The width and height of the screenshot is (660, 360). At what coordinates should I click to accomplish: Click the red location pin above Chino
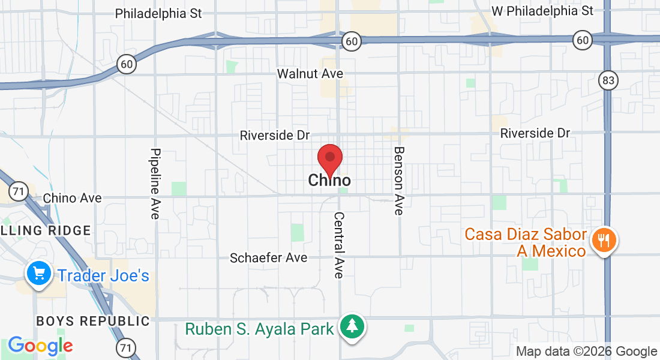[329, 159]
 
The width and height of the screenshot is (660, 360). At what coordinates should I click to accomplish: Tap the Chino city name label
[329, 180]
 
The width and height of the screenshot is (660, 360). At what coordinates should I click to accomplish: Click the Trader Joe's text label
[103, 276]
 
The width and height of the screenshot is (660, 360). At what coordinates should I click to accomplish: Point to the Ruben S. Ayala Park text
[259, 329]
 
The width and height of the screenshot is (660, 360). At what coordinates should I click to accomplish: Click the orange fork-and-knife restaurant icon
[604, 241]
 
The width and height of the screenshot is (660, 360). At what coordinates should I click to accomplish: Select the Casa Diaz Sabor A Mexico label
[526, 242]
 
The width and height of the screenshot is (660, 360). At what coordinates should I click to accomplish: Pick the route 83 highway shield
[608, 80]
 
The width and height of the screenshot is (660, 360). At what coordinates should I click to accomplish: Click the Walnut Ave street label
[310, 74]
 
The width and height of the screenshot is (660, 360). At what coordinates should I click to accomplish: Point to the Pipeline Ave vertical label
[155, 183]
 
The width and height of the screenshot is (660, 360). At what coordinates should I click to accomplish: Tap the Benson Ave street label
[399, 181]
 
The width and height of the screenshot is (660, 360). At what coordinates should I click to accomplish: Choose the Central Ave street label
[340, 245]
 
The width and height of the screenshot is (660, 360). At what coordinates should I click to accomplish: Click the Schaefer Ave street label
[269, 258]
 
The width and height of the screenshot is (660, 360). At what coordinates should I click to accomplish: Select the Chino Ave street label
[73, 198]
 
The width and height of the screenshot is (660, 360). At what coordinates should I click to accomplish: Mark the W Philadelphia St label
[542, 11]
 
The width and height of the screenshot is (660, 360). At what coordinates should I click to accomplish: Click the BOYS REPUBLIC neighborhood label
[93, 321]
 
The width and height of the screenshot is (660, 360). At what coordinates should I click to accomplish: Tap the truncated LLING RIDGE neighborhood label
[46, 230]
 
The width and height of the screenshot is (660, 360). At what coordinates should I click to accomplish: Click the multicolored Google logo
[40, 346]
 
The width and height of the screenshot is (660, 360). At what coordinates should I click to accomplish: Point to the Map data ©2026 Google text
[587, 352]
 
